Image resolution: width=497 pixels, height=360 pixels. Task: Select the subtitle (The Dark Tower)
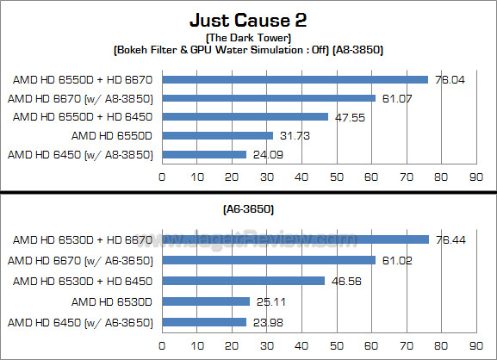pyautogui.click(x=248, y=38)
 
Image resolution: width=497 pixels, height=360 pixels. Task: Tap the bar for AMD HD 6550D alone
pyautogui.click(x=217, y=135)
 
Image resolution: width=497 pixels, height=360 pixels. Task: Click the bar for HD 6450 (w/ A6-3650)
pyautogui.click(x=203, y=323)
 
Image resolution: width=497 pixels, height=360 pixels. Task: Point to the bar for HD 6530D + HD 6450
pyautogui.click(x=243, y=281)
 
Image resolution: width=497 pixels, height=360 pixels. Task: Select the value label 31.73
pyautogui.click(x=293, y=135)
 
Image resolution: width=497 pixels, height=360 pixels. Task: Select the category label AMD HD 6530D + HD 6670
pyautogui.click(x=83, y=239)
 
